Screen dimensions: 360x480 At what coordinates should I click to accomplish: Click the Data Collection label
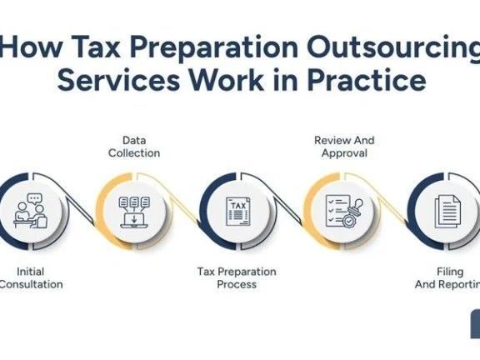135,147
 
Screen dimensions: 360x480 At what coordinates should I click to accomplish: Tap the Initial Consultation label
31,277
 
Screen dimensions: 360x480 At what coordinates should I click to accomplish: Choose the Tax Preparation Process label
237,277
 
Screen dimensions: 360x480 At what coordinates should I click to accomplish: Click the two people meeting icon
30,213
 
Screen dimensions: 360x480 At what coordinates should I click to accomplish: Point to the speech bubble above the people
34,200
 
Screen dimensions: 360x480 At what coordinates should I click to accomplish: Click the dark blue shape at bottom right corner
474,323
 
